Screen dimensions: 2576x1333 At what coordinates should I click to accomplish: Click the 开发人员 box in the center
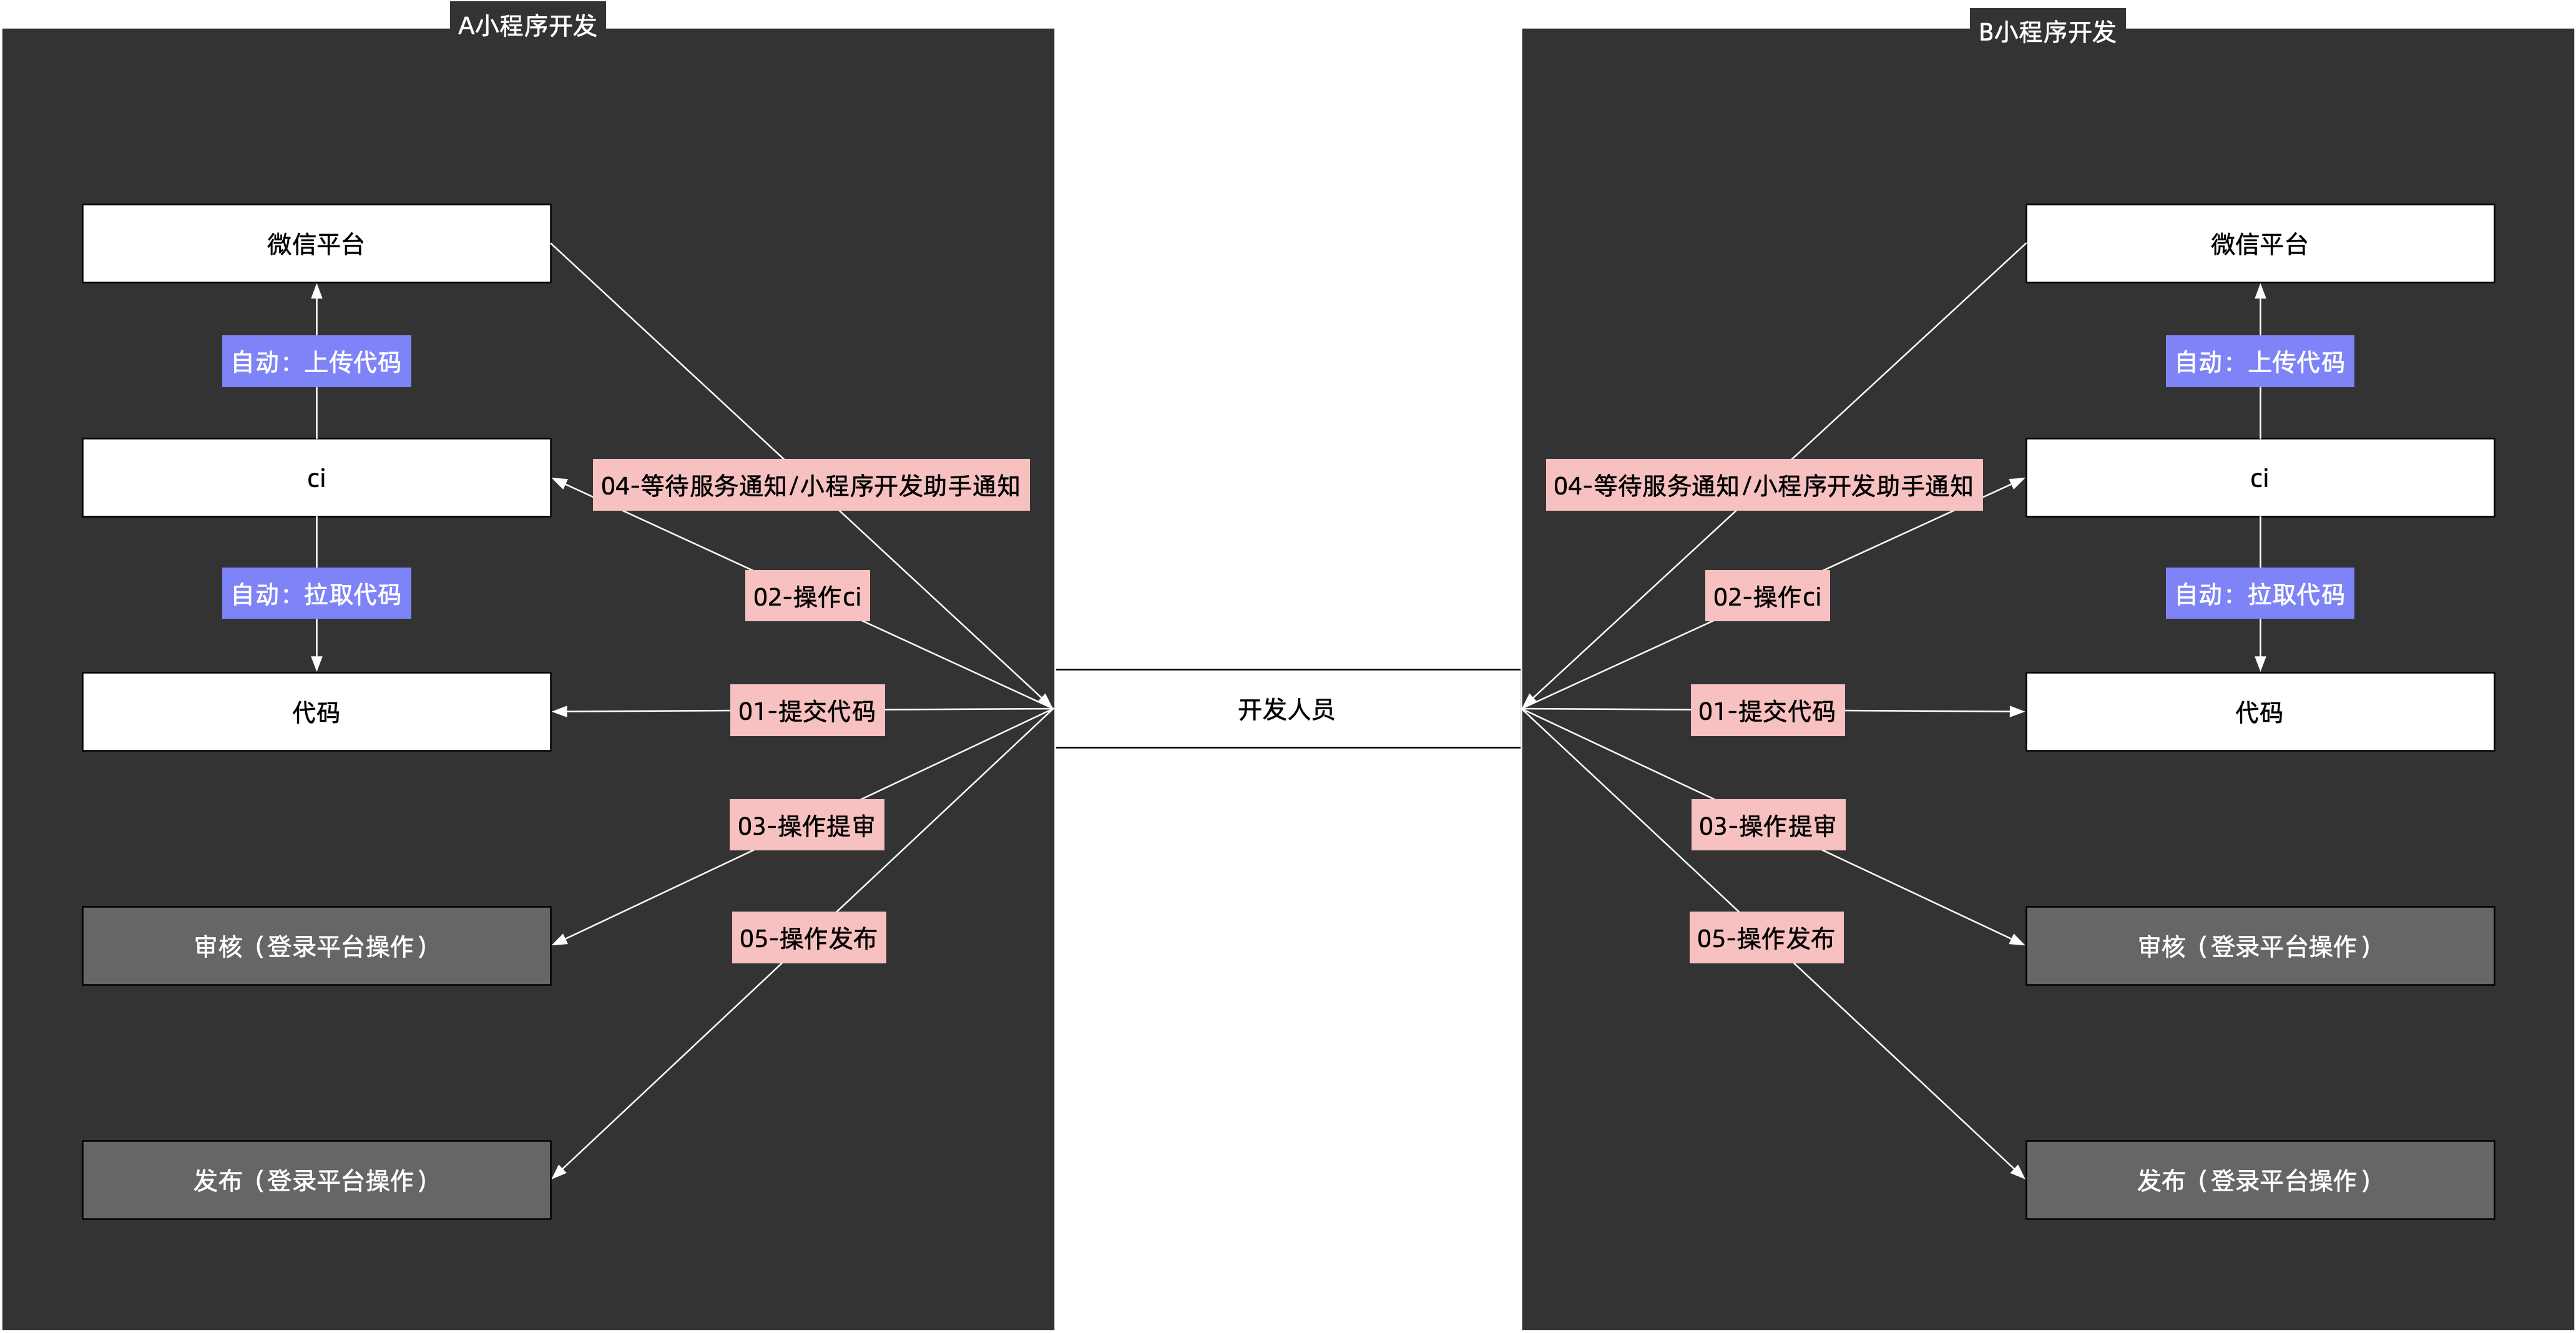coord(1287,709)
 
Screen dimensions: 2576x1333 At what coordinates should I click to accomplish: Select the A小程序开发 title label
coord(528,25)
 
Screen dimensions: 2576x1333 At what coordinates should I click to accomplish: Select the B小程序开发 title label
coord(2047,31)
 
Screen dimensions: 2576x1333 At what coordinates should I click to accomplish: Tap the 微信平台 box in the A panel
coord(316,244)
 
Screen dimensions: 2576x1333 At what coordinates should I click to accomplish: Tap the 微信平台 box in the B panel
coord(2260,244)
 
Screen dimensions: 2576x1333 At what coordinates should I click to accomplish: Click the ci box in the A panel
coord(316,478)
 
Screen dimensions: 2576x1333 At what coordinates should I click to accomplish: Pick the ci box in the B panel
coord(2260,478)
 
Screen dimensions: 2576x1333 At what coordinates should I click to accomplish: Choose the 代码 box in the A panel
coord(316,712)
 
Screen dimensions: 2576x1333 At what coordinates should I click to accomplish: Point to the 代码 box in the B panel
coord(2260,712)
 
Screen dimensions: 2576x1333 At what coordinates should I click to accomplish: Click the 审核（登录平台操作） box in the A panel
coord(316,946)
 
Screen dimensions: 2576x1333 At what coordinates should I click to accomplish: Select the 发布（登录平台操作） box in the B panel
coord(2260,1180)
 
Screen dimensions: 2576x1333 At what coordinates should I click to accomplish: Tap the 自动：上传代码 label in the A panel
coord(316,361)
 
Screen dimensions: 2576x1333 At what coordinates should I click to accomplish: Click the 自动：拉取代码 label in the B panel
coord(2260,594)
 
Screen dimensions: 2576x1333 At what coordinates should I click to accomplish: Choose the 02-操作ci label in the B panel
coord(1767,596)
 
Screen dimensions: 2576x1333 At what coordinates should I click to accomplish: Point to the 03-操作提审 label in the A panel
coord(806,825)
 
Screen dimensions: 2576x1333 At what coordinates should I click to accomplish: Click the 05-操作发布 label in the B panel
coord(1766,938)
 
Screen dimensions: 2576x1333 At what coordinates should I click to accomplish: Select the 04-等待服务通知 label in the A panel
coord(811,485)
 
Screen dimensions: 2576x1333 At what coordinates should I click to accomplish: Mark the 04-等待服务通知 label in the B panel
coord(1764,485)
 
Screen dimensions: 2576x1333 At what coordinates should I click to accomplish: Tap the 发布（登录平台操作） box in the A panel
coord(316,1180)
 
